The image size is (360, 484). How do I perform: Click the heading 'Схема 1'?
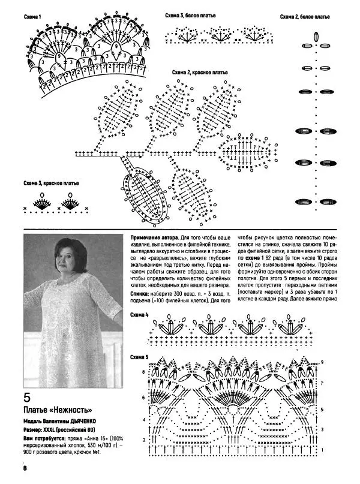click(32, 17)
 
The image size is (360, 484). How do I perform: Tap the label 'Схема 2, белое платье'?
click(304, 17)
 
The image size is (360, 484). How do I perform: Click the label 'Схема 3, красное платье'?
click(50, 183)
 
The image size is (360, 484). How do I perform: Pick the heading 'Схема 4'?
click(139, 314)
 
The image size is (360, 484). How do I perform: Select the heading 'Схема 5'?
click(139, 357)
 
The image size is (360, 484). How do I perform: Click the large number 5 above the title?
click(27, 398)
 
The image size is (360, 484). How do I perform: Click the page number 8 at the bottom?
click(25, 468)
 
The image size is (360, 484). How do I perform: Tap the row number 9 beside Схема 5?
click(322, 363)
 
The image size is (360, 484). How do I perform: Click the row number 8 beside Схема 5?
click(143, 372)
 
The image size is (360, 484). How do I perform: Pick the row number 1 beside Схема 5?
click(322, 450)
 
